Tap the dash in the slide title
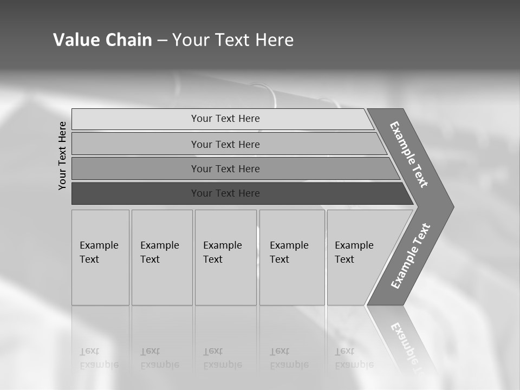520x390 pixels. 162,41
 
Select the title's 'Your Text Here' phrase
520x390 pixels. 233,40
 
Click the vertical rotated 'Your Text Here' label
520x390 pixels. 62,155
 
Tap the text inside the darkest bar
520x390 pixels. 225,193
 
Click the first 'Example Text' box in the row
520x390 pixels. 100,257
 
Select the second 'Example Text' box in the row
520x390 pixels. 161,257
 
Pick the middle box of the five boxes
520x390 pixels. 225,257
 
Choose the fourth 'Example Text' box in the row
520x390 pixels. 291,257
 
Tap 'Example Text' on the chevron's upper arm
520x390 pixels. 409,154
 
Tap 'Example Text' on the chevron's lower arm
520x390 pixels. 411,256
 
